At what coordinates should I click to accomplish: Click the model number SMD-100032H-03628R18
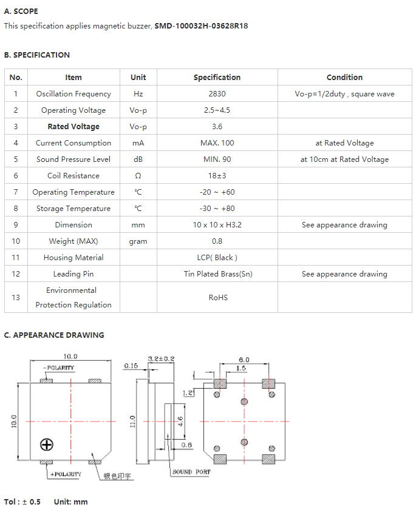pos(201,25)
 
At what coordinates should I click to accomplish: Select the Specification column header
pos(217,77)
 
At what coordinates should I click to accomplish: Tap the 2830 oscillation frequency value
pos(217,93)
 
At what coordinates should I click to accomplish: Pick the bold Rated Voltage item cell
pos(73,127)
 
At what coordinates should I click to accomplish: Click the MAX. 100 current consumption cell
pos(217,143)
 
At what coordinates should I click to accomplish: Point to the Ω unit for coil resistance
pos(138,176)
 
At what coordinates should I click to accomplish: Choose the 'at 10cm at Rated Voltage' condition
pos(344,159)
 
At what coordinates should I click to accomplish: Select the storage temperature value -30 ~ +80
pos(217,209)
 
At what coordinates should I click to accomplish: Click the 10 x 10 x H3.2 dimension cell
pos(217,225)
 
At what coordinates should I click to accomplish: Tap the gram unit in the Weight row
pos(138,242)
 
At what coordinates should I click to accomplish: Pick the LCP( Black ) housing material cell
pos(217,258)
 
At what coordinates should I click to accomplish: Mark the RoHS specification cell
pos(218,298)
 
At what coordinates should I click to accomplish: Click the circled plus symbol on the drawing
pos(47,445)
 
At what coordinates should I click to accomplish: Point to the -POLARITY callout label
pos(59,367)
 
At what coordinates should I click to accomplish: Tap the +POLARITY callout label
pos(66,474)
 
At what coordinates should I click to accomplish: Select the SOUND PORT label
pos(191,472)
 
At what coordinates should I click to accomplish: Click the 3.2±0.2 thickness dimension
pos(162,359)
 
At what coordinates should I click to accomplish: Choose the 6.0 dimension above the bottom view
pos(244,360)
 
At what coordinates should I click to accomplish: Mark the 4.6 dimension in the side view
pos(180,421)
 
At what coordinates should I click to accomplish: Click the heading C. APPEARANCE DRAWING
pos(54,335)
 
